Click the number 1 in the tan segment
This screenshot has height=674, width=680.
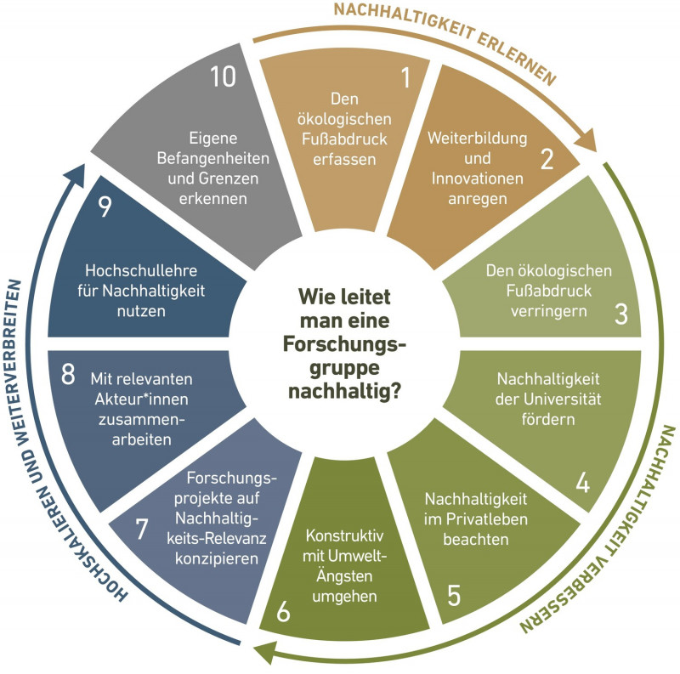click(x=405, y=79)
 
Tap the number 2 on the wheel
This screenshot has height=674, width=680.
click(x=547, y=157)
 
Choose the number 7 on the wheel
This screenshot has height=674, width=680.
click(x=142, y=528)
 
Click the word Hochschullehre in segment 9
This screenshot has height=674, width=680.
click(x=139, y=270)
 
